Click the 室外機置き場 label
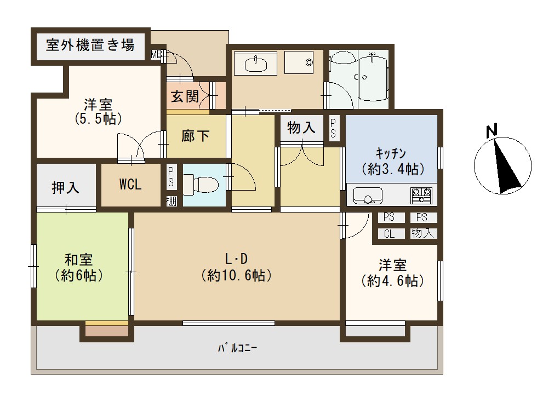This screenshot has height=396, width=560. (x=90, y=45)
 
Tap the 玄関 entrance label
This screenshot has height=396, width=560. (x=185, y=96)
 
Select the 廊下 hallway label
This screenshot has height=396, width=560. (x=196, y=136)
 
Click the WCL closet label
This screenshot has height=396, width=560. (x=130, y=184)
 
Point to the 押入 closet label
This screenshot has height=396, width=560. (x=66, y=187)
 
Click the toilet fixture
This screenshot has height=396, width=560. (x=201, y=184)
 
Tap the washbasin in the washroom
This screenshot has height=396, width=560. (x=255, y=64)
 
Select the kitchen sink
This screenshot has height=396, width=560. (x=368, y=196)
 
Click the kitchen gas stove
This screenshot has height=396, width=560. (x=421, y=196)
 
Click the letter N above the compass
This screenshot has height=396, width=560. (x=492, y=130)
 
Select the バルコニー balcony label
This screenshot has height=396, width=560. (x=238, y=348)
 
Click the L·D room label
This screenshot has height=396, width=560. (x=237, y=258)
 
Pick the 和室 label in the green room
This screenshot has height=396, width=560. (x=78, y=259)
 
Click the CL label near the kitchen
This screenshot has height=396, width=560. (x=389, y=234)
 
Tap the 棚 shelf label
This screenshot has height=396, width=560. (x=171, y=202)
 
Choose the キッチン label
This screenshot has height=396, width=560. (x=391, y=153)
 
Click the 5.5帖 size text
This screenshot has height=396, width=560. (x=98, y=118)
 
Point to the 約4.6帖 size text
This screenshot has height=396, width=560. (x=393, y=280)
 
